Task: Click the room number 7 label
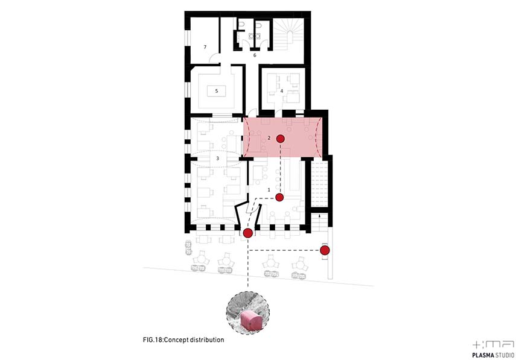click(x=205, y=47)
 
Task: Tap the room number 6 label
click(x=255, y=55)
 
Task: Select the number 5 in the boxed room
click(x=217, y=90)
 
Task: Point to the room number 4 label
click(x=282, y=90)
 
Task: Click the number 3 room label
click(x=217, y=159)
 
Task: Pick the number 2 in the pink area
click(x=269, y=138)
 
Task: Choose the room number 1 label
click(x=269, y=190)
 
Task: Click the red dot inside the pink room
click(x=281, y=139)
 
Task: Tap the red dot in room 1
click(x=279, y=197)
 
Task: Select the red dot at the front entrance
click(x=248, y=233)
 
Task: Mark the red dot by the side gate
click(x=325, y=250)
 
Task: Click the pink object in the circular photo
click(x=251, y=321)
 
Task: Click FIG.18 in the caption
click(x=153, y=340)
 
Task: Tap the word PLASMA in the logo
click(x=483, y=355)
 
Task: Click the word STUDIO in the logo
click(x=505, y=355)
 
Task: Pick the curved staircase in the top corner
click(x=288, y=34)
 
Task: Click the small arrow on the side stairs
click(x=319, y=216)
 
